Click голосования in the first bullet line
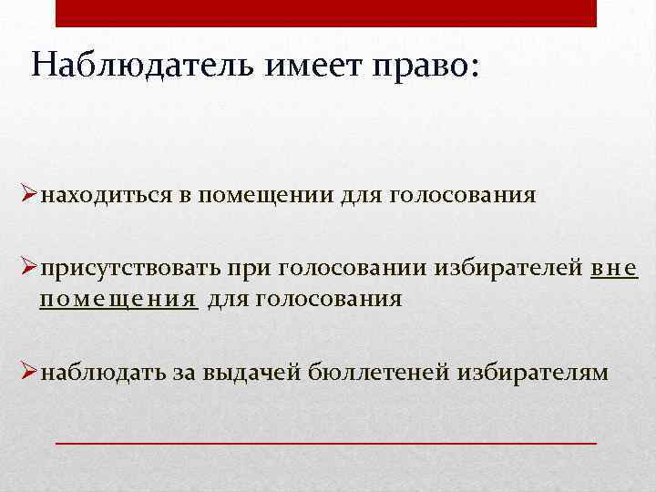[463, 196]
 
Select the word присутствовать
[131, 269]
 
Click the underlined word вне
[614, 269]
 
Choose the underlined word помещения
[118, 298]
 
